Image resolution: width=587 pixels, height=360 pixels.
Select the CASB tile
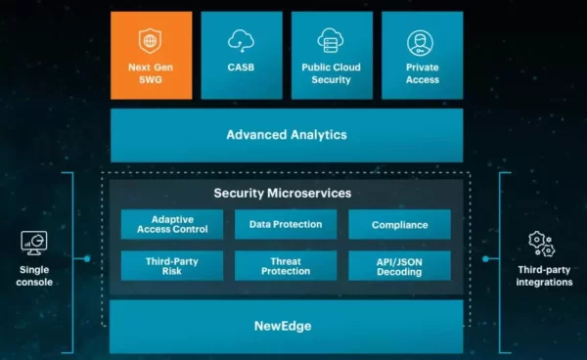click(242, 56)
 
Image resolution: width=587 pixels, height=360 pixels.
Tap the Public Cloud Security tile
click(332, 56)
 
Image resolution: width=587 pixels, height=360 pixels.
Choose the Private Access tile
click(422, 56)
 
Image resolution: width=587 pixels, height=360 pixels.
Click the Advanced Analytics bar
click(287, 135)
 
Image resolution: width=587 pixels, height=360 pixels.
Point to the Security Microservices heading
click(282, 194)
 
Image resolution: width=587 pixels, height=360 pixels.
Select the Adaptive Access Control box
click(172, 225)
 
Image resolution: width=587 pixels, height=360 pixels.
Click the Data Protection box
click(286, 225)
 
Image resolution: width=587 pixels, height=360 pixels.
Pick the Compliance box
click(399, 225)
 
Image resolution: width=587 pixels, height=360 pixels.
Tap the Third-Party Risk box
click(172, 266)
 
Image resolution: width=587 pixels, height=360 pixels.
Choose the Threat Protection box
click(286, 266)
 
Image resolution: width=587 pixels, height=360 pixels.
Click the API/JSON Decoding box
click(399, 266)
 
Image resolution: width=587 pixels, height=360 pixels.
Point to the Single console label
click(35, 276)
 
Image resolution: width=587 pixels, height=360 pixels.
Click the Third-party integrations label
click(544, 276)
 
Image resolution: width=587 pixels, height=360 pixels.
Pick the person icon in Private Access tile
click(421, 42)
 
